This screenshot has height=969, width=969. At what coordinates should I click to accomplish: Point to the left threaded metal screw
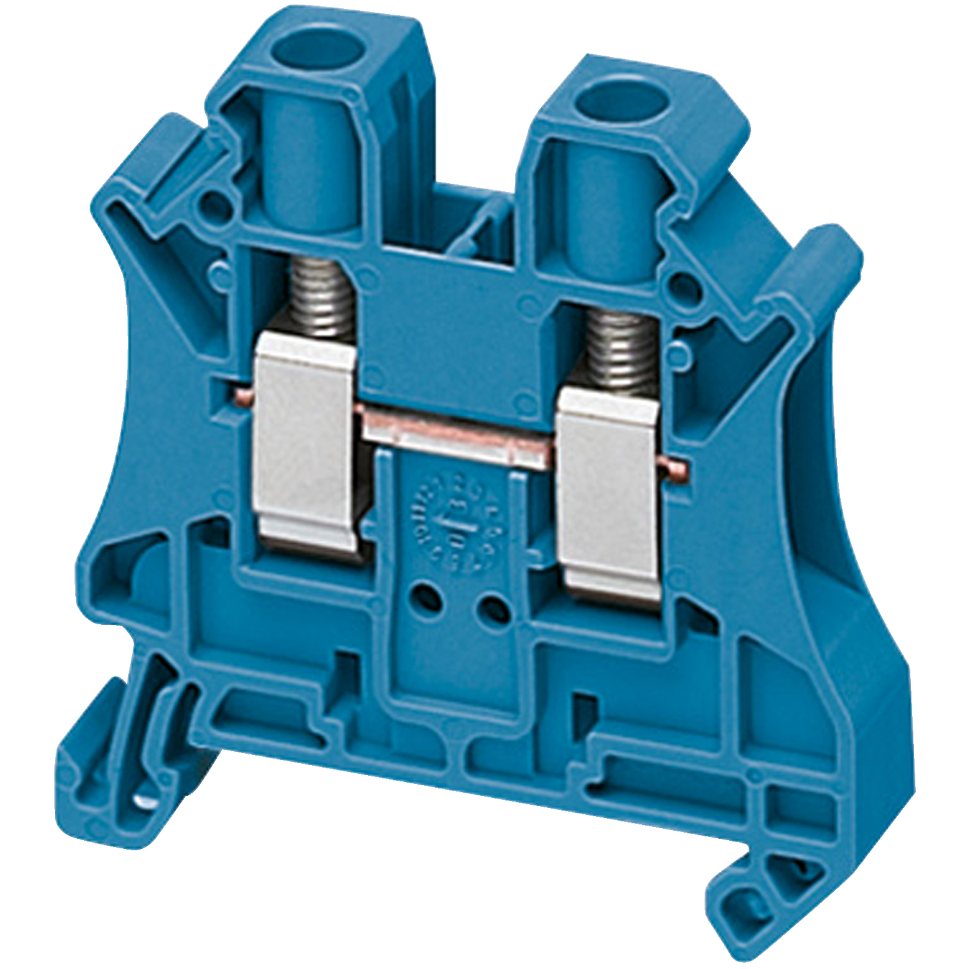click(x=317, y=298)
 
